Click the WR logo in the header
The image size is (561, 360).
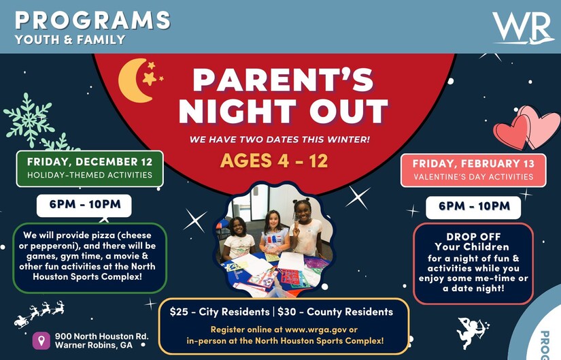(x=522, y=28)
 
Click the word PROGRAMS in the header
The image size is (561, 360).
(x=92, y=20)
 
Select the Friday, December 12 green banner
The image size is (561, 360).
(x=90, y=169)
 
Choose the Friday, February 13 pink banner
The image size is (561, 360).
(x=473, y=170)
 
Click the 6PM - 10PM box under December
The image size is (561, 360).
(x=84, y=206)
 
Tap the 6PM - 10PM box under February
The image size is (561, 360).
(x=473, y=207)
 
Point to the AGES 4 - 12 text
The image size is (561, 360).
(x=274, y=161)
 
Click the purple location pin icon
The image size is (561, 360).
(x=41, y=340)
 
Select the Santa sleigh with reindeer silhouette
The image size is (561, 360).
(x=39, y=314)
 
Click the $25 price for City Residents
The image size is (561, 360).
(x=178, y=312)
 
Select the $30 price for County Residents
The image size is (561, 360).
(x=286, y=312)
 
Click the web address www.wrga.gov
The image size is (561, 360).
(x=316, y=329)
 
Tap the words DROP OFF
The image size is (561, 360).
(x=473, y=237)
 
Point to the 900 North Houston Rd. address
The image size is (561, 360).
(x=101, y=336)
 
